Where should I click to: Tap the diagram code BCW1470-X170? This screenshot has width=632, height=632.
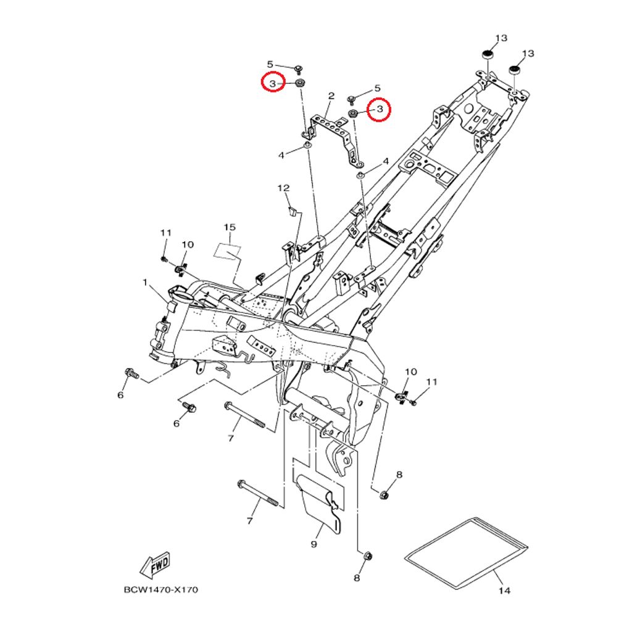coord(161,589)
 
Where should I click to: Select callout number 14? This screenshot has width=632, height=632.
coord(504,591)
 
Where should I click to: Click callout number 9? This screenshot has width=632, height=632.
coord(314,544)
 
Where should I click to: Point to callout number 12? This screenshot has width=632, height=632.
coord(283,188)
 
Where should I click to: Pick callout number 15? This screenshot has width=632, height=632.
coord(230,227)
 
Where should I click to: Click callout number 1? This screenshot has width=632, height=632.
coord(145,283)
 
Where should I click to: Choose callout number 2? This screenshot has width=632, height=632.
coord(331,96)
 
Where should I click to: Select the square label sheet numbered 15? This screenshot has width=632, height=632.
coord(227,252)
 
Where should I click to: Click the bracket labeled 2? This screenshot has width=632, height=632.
coord(335,139)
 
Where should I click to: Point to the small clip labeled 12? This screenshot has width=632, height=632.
coord(293,211)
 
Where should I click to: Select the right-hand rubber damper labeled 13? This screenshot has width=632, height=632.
coord(515,70)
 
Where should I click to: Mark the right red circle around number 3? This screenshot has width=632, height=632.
coord(379,109)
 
